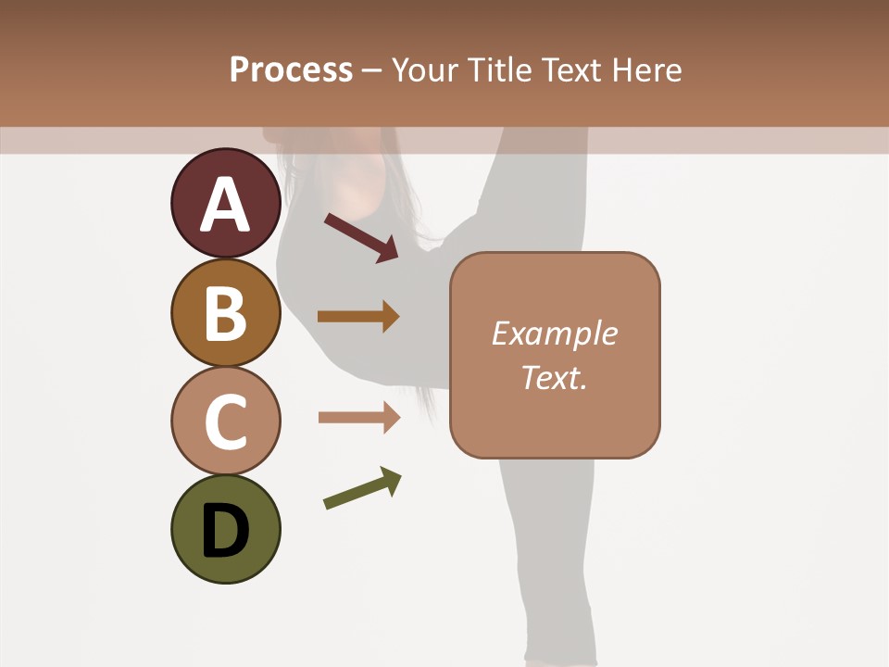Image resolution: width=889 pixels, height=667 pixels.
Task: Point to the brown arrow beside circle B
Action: coord(358,317)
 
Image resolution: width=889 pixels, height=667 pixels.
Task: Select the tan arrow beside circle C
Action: coord(359,418)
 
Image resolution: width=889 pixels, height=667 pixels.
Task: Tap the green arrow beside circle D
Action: coord(362,489)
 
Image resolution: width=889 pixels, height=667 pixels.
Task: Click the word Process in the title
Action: coord(291,70)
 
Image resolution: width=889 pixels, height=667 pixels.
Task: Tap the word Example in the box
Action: coord(554,333)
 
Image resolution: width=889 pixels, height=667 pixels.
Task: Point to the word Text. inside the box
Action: coord(554,377)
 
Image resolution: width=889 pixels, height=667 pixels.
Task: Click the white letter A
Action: coord(225,205)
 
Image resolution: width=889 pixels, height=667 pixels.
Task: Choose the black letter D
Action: coord(225,532)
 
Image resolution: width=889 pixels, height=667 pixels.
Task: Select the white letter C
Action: coord(225,422)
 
